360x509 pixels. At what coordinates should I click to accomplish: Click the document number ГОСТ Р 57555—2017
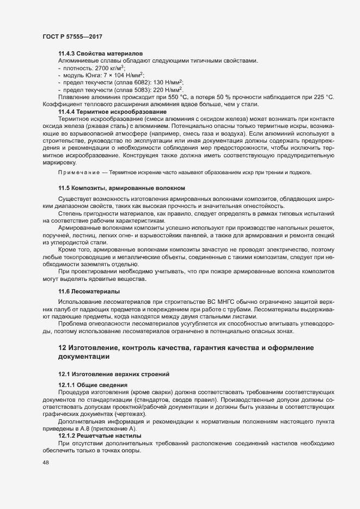(x=72, y=36)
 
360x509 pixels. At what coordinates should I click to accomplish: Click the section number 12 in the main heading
(x=62, y=347)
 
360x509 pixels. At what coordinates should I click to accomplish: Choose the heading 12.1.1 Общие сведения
(x=93, y=385)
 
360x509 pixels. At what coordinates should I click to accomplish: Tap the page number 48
(x=46, y=462)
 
